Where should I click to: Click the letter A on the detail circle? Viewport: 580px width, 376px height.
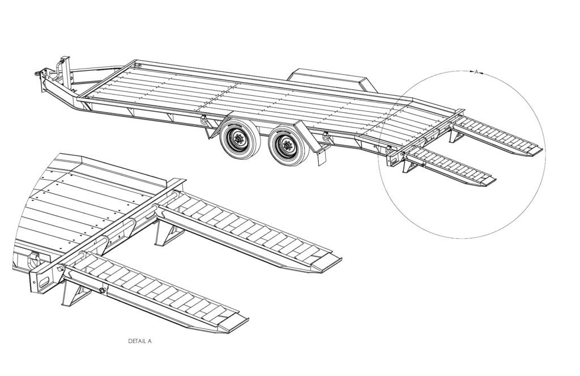click(476, 72)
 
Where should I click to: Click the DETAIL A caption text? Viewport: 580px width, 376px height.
click(140, 341)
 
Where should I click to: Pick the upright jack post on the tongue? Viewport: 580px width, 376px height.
click(65, 67)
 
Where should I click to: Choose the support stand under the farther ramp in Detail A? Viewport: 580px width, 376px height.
click(164, 233)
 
